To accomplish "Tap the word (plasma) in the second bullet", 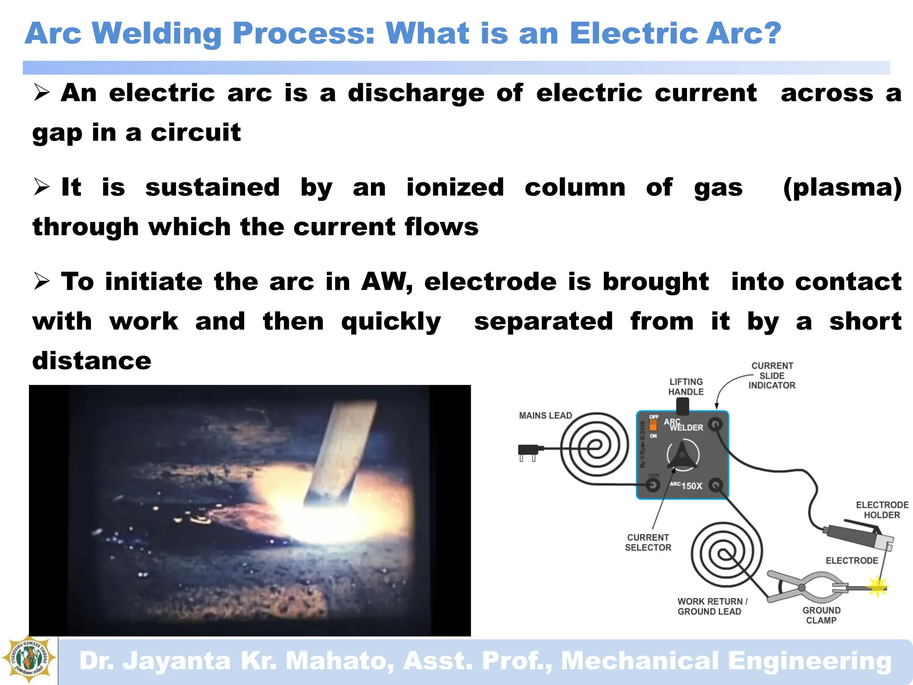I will [842, 187].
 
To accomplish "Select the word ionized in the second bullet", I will [455, 187].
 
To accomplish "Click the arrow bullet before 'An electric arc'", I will [41, 93].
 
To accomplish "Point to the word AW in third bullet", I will [386, 282].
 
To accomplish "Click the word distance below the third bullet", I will [92, 361].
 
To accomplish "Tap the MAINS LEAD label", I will [545, 416].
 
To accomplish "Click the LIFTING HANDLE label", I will [686, 387].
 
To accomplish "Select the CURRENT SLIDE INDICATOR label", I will [772, 376].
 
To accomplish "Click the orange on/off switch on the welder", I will [653, 425].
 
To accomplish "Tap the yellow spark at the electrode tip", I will [877, 587].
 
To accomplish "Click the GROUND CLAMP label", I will [821, 615].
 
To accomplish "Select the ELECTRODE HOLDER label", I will [882, 510].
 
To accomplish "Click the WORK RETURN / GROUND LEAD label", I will [712, 607].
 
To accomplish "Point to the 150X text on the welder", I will [691, 486].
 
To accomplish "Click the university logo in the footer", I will [29, 659].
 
